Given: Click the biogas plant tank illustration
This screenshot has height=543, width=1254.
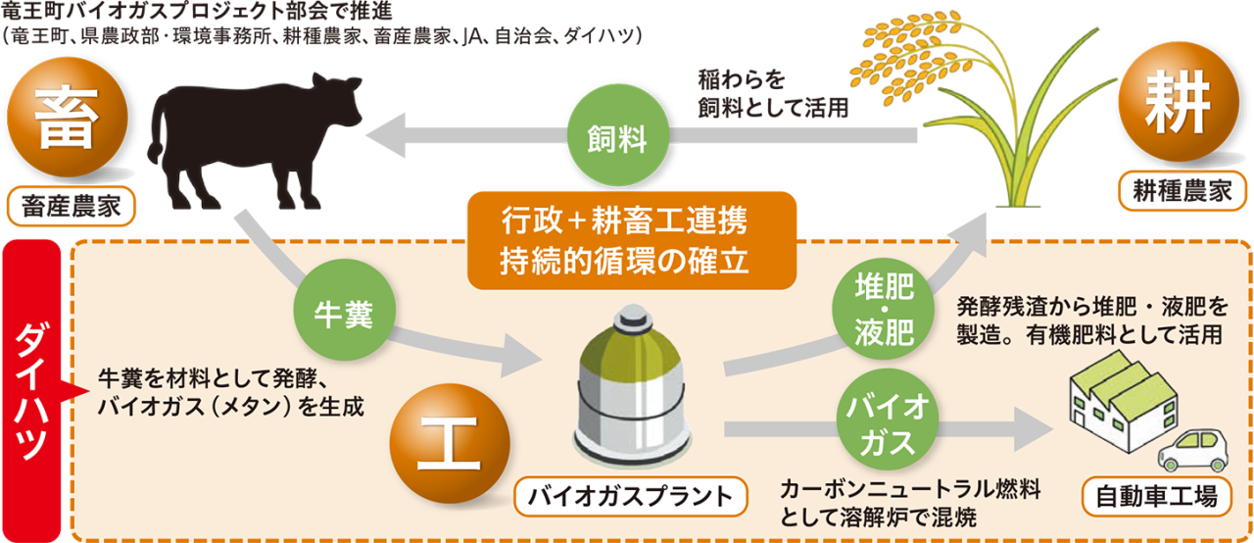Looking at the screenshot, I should click(627, 392).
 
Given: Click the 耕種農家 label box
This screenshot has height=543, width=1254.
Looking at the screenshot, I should click(1177, 192).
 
